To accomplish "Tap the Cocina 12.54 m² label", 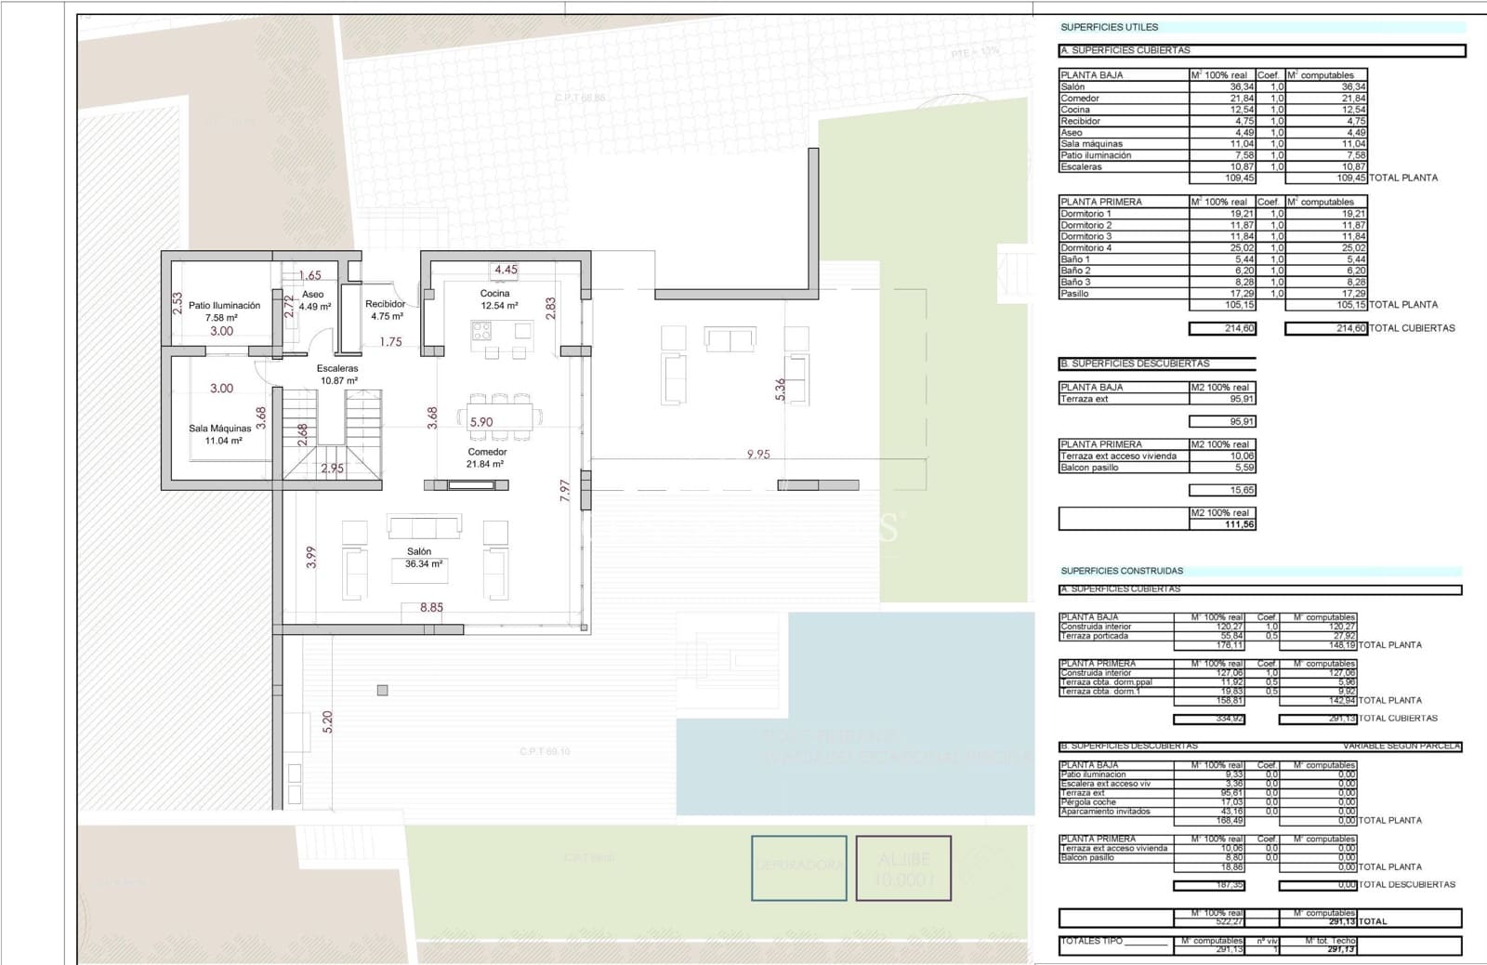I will (498, 299).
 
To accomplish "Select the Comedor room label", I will (486, 457).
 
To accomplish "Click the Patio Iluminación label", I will (223, 311).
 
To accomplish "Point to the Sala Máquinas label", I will (219, 434).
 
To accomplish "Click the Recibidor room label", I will (386, 310).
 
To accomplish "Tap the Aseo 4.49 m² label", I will (314, 300).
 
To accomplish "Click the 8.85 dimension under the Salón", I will (431, 607).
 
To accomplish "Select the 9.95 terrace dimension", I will (758, 454).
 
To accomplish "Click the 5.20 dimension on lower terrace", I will (327, 721).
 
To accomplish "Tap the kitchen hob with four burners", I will (481, 331).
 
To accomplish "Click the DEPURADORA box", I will (799, 867).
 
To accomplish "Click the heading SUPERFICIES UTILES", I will (1110, 27).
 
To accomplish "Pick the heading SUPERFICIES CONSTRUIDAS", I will (1122, 571).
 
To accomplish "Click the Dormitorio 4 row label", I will (1086, 248).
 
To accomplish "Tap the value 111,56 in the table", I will (1240, 524).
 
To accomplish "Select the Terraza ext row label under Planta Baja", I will (1085, 399).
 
